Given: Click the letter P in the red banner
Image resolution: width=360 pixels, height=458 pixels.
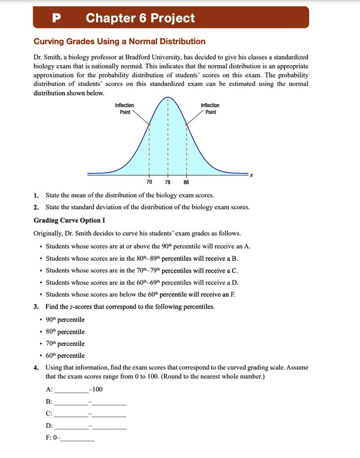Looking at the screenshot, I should coord(55,18).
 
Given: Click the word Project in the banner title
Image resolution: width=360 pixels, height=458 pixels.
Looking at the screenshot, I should coord(173,18).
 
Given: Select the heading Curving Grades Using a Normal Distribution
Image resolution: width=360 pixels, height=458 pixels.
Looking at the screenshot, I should coord(119,42).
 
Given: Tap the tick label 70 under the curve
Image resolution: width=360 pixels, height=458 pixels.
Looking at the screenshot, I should coord(149,182).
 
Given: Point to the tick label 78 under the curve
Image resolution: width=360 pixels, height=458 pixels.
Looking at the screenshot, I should coord(168,182).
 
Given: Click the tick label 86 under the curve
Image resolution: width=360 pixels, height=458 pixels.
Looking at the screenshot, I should coord(186,182).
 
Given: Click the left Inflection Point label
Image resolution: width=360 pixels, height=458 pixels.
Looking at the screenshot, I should coord(125,109).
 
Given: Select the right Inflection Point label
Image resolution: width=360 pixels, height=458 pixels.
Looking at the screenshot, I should coord(210,109).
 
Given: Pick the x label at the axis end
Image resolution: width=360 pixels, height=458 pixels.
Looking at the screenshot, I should coord(251,175).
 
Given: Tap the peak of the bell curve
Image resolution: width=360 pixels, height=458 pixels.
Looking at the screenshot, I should coord(168,98).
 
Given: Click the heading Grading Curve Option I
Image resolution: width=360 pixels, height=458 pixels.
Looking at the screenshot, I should coord(69,220).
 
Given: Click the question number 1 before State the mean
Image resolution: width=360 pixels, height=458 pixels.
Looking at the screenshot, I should coord(36,195).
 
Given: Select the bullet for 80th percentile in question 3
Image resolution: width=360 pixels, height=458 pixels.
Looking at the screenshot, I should coord(41,332).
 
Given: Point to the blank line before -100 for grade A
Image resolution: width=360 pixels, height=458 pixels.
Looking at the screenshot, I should coord(72,392).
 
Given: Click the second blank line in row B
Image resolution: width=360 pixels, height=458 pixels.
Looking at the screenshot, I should coord(109,404).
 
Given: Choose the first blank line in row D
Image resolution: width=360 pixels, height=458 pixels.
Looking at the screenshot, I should coord(72,428).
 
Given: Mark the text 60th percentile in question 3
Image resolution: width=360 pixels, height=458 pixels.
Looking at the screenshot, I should coord(65,356).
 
